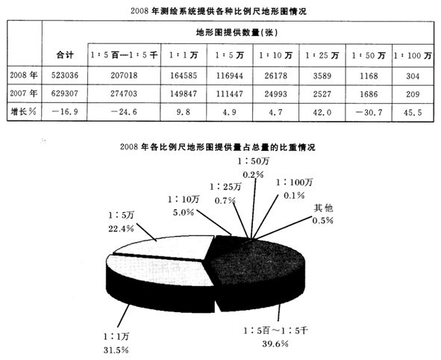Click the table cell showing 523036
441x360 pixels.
[65, 75]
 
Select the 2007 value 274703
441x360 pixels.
[124, 93]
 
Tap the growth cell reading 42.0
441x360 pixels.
[322, 112]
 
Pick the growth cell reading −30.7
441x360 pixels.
[369, 112]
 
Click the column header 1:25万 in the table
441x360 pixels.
[322, 55]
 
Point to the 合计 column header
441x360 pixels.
[65, 55]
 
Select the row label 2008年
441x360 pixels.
[24, 75]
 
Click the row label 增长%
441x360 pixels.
[24, 112]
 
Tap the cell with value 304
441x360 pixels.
[413, 76]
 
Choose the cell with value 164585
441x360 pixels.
[184, 75]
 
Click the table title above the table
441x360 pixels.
[219, 11]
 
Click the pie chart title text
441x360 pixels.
[218, 146]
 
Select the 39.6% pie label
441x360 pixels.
[275, 344]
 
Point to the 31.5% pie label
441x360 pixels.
[116, 350]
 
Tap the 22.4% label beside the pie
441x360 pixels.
[121, 229]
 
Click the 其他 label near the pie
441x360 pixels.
[323, 208]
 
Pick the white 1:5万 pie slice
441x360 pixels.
[164, 248]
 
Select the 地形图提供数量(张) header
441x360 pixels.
[237, 33]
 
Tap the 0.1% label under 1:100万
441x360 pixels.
[294, 195]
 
